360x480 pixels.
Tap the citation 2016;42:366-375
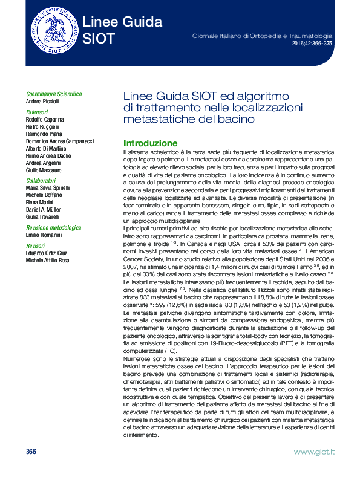[x=313, y=45]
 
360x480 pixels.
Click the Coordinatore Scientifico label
[x=54, y=94]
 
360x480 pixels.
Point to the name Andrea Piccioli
[x=43, y=102]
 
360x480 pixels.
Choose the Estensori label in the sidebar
[x=37, y=112]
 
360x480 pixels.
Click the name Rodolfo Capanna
[x=45, y=120]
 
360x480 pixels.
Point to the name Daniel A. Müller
[x=46, y=209]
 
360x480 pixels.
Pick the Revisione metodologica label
[x=54, y=228]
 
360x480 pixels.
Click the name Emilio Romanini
[x=45, y=235]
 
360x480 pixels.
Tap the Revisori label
[x=36, y=246]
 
